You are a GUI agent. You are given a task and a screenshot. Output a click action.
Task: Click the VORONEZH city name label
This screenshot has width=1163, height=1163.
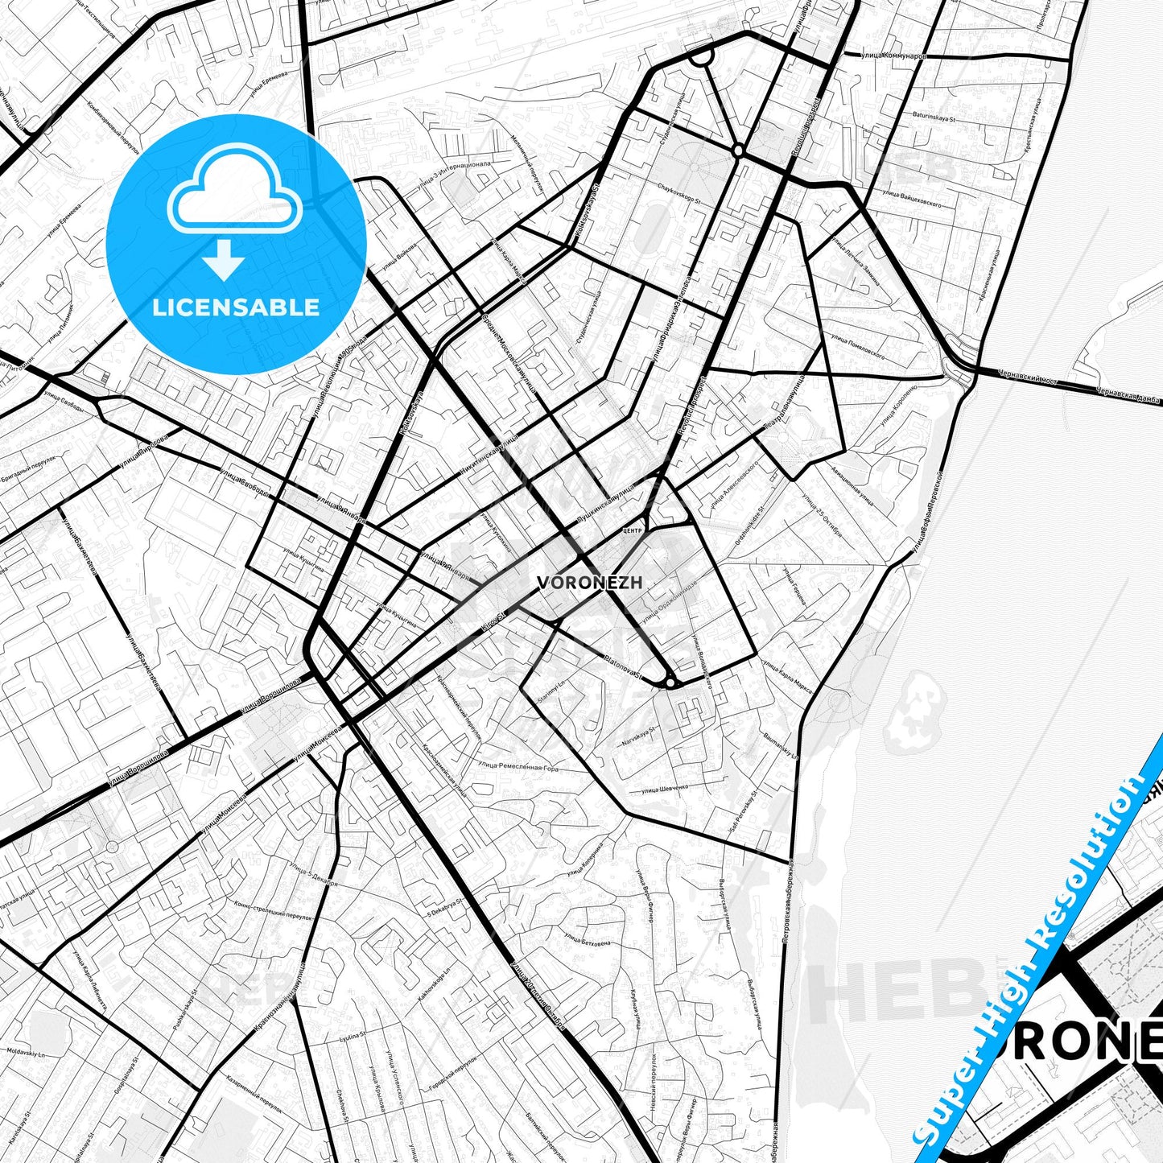tap(589, 582)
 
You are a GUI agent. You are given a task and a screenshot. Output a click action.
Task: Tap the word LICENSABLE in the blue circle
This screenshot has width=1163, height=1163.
tap(236, 307)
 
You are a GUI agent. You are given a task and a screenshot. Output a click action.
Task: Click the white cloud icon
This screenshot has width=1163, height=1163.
tap(235, 190)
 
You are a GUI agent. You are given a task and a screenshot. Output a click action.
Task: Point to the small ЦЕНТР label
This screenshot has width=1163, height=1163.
tap(632, 531)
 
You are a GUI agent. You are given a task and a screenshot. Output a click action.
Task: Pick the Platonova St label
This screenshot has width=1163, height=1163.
tap(621, 667)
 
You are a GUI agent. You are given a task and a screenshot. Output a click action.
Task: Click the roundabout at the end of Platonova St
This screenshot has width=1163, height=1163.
tap(670, 683)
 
